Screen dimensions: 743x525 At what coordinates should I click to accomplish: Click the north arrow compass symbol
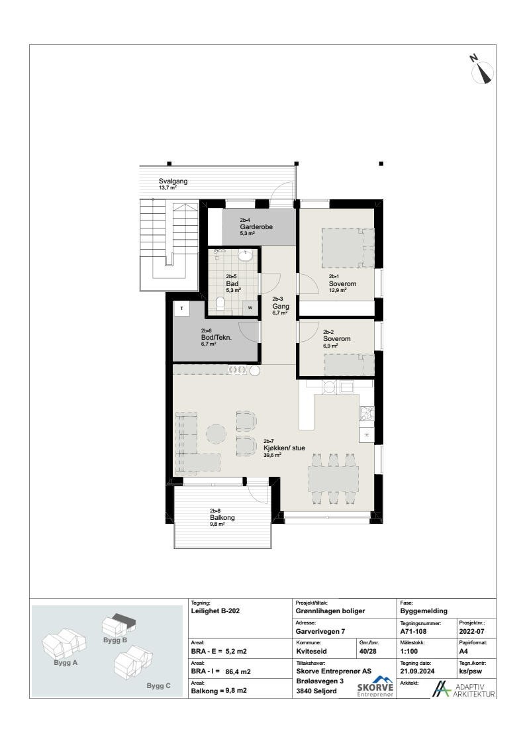click(483, 70)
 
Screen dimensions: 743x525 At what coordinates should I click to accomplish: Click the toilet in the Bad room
click(221, 305)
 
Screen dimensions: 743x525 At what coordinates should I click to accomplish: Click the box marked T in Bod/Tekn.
click(182, 308)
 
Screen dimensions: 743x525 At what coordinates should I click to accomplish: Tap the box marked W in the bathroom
click(250, 307)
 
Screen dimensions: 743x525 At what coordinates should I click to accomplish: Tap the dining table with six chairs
click(334, 479)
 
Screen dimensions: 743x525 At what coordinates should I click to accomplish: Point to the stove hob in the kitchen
click(367, 415)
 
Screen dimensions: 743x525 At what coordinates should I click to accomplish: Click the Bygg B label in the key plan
click(115, 640)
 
